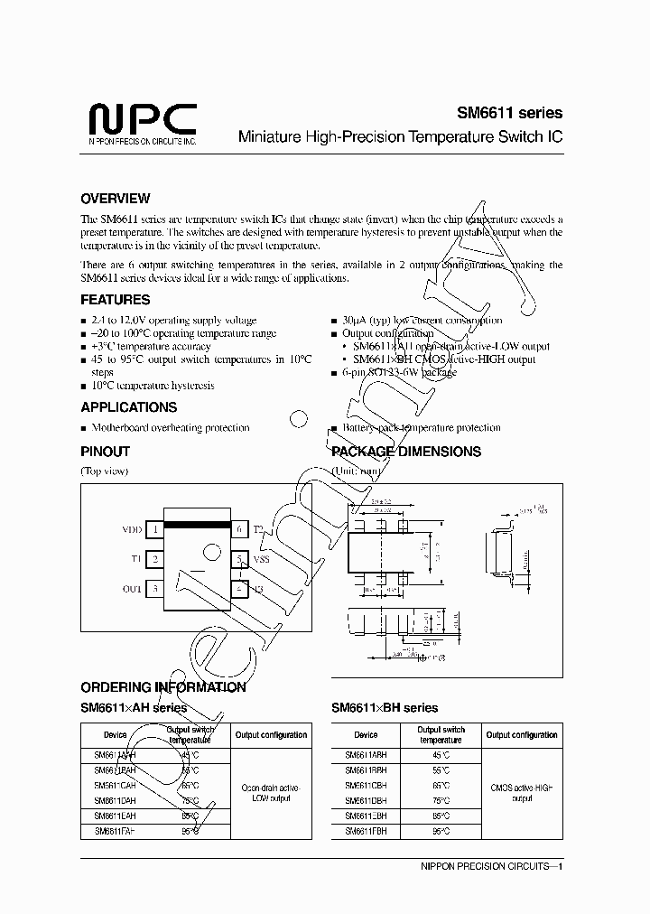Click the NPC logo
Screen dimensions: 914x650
coord(143,122)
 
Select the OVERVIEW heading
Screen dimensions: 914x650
coord(116,199)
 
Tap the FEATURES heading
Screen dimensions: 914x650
coord(116,300)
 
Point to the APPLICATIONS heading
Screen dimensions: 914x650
coord(128,407)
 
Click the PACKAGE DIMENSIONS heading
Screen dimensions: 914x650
coord(406,452)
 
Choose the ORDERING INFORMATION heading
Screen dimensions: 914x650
coord(163,687)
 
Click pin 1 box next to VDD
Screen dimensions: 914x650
coord(155,530)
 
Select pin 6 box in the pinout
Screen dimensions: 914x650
coord(239,530)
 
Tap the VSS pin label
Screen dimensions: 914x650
coord(261,560)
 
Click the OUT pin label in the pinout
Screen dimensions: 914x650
coord(132,590)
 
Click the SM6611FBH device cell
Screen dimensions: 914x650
coord(366,829)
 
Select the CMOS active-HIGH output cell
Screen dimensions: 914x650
coord(523,793)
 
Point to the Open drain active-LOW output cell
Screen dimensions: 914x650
coord(272,793)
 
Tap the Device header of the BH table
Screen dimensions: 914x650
coord(366,735)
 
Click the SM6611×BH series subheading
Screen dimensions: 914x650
coord(385,708)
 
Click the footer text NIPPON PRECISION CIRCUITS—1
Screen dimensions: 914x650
coord(492,867)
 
